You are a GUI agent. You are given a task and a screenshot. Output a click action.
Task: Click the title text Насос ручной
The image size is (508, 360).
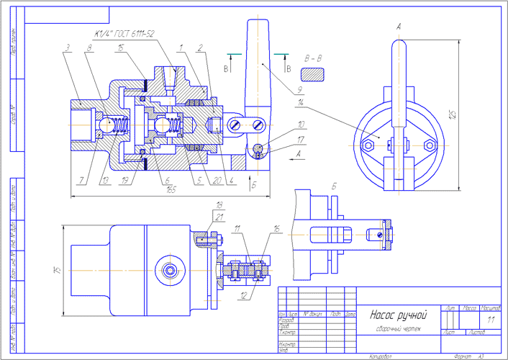coord(398,315)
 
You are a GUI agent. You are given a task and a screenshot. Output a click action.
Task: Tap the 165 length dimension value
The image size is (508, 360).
coord(171,190)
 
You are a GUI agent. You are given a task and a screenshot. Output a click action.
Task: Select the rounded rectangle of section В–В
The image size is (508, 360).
coord(314,74)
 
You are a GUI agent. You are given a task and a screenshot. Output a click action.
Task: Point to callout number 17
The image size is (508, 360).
coord(301,140)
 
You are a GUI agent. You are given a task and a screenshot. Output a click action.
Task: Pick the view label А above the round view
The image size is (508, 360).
coord(398,27)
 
